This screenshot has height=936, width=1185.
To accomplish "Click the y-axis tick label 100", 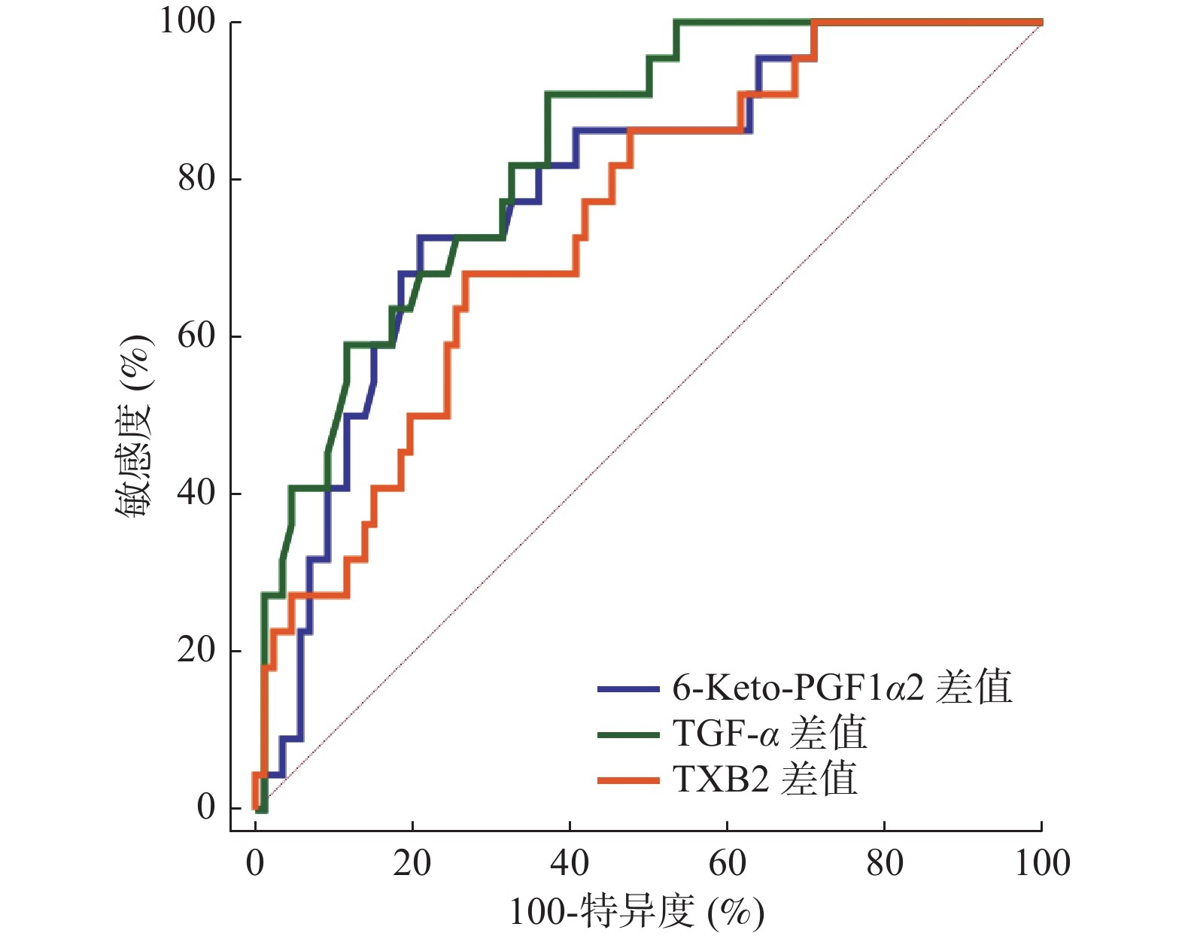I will click(187, 21).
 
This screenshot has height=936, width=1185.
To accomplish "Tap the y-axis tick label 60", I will click(196, 336).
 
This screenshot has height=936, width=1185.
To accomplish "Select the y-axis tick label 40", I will click(196, 493).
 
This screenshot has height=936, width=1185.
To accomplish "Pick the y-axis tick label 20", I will click(196, 650).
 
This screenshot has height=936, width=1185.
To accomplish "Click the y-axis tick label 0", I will click(206, 807).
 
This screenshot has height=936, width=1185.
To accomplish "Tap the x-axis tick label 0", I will click(255, 863).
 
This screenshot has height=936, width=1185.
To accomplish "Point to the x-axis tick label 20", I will click(412, 863).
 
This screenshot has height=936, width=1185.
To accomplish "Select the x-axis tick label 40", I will click(570, 863).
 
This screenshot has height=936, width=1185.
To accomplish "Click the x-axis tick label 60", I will click(727, 863).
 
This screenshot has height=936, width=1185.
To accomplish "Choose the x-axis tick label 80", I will click(884, 863).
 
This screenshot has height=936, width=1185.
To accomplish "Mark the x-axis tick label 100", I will click(1042, 863).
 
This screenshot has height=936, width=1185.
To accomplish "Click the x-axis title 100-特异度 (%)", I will click(637, 913).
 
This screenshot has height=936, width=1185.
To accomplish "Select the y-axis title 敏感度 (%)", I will click(134, 425).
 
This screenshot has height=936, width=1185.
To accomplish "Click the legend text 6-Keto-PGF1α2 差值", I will click(842, 688).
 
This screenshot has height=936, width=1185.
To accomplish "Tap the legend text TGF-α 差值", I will click(769, 734).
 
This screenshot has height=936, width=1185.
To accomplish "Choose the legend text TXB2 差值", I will click(764, 779).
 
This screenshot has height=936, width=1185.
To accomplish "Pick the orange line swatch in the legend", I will click(628, 781).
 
